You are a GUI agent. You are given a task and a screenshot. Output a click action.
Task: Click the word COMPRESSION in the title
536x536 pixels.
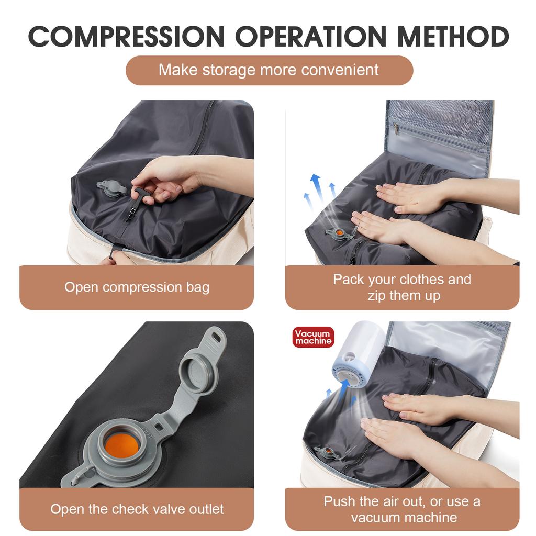(126, 36)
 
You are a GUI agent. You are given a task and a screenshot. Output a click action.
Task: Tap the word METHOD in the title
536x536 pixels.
(453, 36)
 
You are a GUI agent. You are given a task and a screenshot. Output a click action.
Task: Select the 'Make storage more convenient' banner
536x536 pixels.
(269, 70)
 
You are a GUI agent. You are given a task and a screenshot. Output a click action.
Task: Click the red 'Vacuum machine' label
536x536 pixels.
(313, 337)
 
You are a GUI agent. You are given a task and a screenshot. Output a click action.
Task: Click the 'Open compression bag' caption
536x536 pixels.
(137, 287)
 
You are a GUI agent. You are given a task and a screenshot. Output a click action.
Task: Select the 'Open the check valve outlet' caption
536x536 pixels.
(137, 509)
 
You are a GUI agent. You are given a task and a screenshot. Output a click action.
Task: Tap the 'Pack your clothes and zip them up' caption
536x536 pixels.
(402, 287)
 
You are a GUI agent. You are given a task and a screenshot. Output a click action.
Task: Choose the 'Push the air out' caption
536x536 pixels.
(402, 509)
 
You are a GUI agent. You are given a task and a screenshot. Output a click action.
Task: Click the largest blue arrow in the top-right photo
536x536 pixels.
(316, 188)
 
